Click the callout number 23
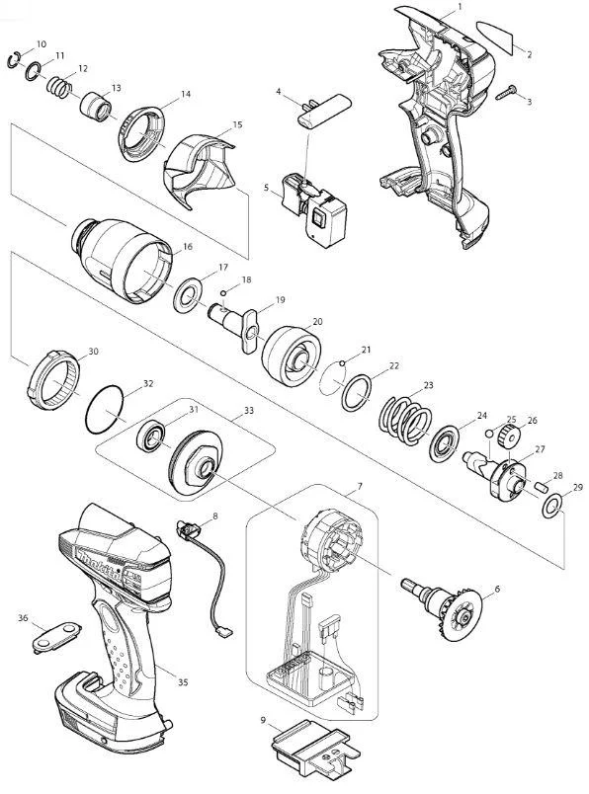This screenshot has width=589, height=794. point(428,385)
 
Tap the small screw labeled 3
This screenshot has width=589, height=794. point(505,92)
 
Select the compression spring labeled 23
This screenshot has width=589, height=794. point(405,421)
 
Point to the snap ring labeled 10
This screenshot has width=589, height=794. point(14,60)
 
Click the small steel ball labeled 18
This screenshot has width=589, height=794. point(223,292)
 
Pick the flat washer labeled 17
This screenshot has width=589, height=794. point(188,294)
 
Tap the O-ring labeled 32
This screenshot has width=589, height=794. point(105,409)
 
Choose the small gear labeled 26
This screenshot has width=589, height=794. point(507,435)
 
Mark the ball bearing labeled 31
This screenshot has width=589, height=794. point(151,436)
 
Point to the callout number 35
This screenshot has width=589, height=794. point(183,682)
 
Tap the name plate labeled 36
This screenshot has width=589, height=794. point(56,636)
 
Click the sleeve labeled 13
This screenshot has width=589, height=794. point(96,107)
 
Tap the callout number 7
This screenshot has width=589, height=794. point(360,486)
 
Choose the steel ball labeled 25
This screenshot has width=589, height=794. point(489,433)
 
